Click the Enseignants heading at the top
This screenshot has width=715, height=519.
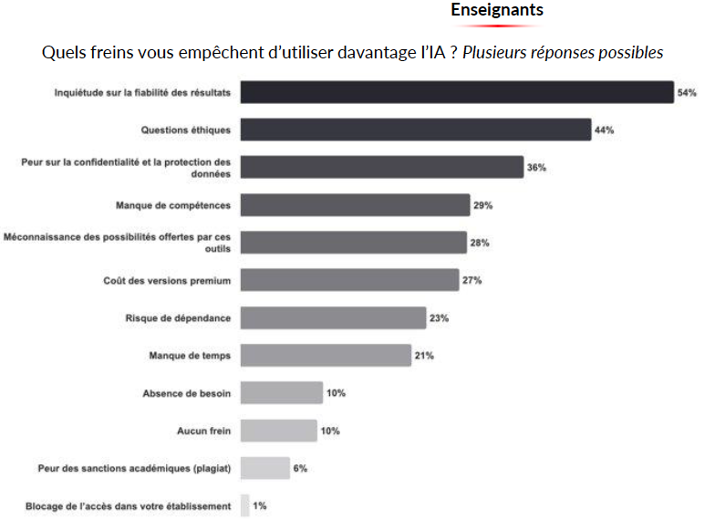coord(497,10)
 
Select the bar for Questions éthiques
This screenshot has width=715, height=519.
coord(415,130)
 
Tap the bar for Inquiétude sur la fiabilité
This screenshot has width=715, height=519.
coord(456,92)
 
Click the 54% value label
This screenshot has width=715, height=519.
coord(687,92)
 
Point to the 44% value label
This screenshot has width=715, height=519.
coord(604,130)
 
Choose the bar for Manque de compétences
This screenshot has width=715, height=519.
coord(355,205)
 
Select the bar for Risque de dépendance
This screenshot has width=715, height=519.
coord(333,317)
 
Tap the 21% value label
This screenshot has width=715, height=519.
coord(424,356)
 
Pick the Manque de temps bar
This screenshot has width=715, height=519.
coord(326,356)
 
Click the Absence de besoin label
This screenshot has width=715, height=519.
coord(186,393)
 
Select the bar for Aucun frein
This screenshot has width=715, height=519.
coord(278,431)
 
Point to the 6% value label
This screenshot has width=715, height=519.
coord(300,469)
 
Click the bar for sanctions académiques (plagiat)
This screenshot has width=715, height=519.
coord(264,469)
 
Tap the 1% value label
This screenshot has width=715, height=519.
coord(260,505)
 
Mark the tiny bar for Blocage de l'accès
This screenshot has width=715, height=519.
coord(244,505)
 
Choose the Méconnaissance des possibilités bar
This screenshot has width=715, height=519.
coord(354,243)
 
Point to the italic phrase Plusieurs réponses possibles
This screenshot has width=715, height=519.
coord(563,52)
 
